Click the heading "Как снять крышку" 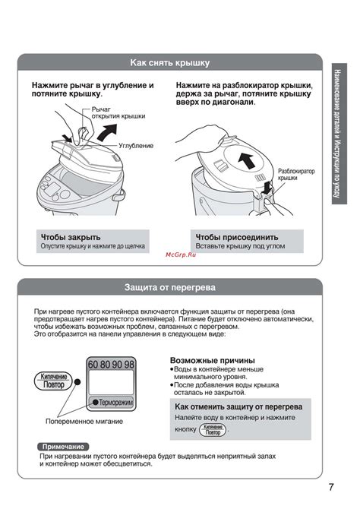(x=170, y=62)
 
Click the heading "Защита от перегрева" (x=170, y=287)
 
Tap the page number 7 (x=331, y=487)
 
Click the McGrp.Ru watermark (x=181, y=254)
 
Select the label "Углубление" (x=136, y=146)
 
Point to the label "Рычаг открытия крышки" (x=118, y=112)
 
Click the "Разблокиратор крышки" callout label (x=296, y=174)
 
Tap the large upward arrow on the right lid (x=246, y=161)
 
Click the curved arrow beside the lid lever (x=107, y=133)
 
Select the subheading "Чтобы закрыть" (x=71, y=237)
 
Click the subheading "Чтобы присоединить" (x=237, y=237)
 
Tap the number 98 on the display (x=129, y=365)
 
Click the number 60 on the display (x=93, y=365)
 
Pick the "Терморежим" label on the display (x=116, y=403)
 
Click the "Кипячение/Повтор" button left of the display (x=54, y=381)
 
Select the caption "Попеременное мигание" (x=84, y=422)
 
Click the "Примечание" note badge (x=63, y=447)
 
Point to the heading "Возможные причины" (x=213, y=360)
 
